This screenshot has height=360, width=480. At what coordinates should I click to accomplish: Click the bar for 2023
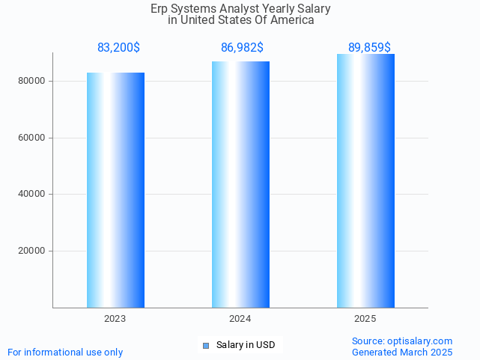(x=115, y=190)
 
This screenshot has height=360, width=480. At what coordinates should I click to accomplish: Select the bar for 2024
(x=240, y=185)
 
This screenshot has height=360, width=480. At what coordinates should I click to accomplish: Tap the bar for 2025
(x=365, y=181)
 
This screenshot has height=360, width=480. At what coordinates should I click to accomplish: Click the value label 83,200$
(x=118, y=48)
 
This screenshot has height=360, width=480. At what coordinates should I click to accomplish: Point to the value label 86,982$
(x=242, y=48)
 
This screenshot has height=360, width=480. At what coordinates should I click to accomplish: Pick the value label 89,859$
(x=369, y=48)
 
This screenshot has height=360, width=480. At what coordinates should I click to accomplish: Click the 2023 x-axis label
(x=115, y=319)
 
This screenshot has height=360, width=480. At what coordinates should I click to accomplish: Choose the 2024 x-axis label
(x=240, y=319)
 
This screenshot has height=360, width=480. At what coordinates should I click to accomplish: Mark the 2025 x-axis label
(x=365, y=319)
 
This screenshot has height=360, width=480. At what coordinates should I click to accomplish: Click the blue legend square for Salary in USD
(x=207, y=345)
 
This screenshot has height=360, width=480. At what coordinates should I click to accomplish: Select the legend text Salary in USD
(x=246, y=345)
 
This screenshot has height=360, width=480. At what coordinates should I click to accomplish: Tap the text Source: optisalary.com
(x=402, y=341)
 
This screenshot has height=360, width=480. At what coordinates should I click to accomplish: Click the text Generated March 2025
(x=402, y=352)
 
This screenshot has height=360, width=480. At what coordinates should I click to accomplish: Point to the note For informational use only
(x=65, y=352)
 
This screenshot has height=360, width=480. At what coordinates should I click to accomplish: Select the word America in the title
(x=293, y=20)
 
